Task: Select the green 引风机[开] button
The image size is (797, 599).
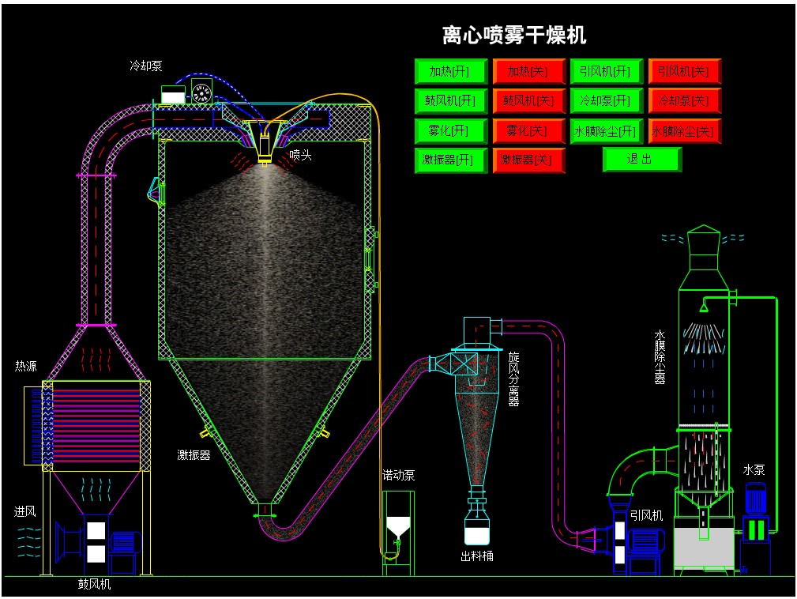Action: click(606, 72)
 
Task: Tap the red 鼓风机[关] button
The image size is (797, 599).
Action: click(528, 101)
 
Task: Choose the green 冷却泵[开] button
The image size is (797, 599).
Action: click(606, 101)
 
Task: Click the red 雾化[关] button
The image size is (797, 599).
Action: click(528, 130)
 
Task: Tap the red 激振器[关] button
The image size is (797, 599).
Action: click(528, 160)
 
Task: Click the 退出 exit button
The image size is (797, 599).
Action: click(641, 160)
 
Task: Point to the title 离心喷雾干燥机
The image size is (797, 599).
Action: click(513, 36)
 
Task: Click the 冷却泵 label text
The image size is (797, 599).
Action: click(146, 66)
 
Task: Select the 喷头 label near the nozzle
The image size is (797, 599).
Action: click(300, 155)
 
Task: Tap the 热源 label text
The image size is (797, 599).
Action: click(25, 366)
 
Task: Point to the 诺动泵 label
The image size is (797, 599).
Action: click(398, 475)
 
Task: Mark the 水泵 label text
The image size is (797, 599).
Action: click(754, 469)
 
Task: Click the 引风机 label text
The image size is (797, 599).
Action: click(646, 515)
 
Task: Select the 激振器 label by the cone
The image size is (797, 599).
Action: click(194, 455)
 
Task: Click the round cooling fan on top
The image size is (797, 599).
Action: click(201, 92)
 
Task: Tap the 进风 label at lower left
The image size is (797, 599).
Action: click(25, 512)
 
